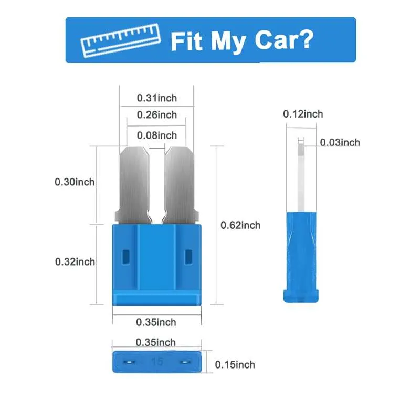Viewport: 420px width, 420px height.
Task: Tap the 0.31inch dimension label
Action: [x=156, y=98]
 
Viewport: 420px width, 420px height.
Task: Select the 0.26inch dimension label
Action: [x=156, y=115]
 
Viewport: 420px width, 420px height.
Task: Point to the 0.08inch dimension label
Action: [x=156, y=135]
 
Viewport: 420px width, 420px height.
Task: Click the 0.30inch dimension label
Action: [x=75, y=182]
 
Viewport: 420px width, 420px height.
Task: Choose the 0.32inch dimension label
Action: [x=75, y=261]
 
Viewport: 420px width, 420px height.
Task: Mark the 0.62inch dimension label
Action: [x=240, y=225]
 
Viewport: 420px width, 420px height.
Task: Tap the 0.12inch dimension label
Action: [x=303, y=114]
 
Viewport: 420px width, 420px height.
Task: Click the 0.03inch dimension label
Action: [x=340, y=142]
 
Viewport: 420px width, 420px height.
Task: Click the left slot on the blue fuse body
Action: [x=125, y=257]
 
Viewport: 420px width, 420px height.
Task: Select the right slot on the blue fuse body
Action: [x=188, y=257]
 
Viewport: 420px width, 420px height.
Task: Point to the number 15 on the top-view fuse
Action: [x=156, y=362]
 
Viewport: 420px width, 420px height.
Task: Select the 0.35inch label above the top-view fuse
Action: [x=156, y=342]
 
